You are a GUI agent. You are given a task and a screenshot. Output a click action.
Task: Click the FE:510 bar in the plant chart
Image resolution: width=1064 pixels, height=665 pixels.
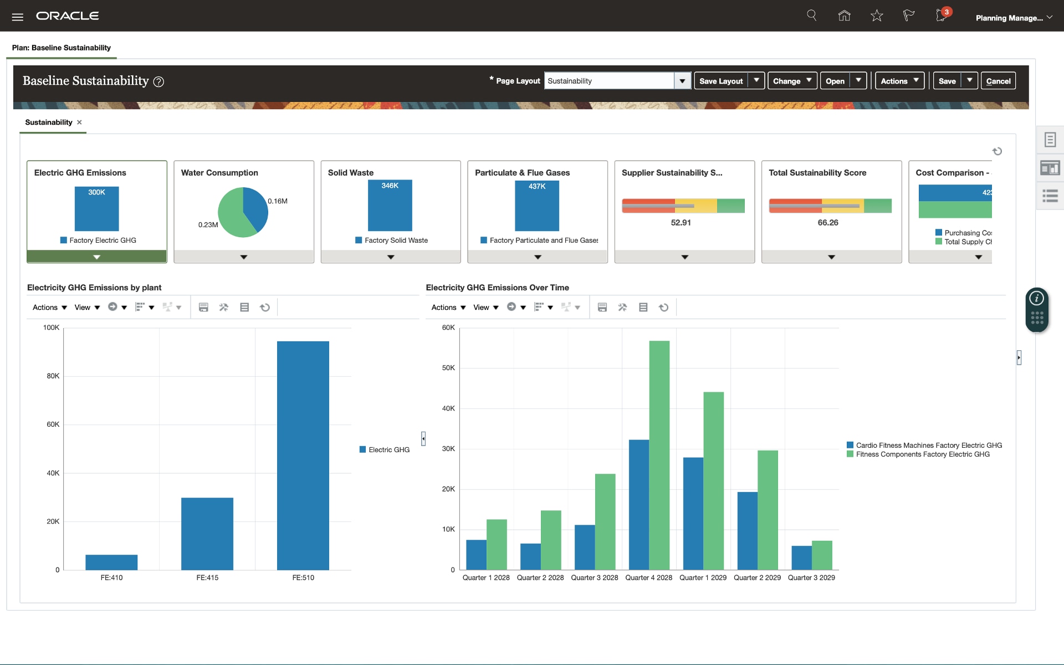pos(303,454)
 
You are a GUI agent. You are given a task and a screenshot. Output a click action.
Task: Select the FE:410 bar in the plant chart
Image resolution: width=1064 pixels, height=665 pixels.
pos(111,562)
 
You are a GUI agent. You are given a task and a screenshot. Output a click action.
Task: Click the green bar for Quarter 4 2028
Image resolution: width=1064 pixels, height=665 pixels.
pos(659,454)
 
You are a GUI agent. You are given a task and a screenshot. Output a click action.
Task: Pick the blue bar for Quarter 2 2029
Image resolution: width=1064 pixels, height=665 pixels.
pos(747,530)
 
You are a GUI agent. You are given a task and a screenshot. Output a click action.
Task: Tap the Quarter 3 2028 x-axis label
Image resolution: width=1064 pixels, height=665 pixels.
pos(594,577)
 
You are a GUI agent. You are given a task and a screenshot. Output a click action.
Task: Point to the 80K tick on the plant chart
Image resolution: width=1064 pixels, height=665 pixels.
pos(53,376)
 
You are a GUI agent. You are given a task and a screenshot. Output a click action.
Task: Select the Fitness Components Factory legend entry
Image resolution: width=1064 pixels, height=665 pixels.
pos(922,454)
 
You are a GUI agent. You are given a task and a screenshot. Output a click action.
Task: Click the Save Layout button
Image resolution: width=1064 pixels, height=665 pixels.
pos(720,81)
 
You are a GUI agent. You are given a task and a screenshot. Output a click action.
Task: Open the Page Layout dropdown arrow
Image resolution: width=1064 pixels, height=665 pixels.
pos(682,81)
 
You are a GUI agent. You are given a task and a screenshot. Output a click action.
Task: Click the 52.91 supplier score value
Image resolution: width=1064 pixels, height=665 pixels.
pos(681,223)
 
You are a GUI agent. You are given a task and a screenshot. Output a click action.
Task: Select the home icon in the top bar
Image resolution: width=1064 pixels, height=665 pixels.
pos(844,16)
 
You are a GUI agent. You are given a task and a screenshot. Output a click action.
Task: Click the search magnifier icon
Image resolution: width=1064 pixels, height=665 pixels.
pos(811,16)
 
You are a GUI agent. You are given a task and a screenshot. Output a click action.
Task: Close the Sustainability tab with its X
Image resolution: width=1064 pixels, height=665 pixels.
pos(79,122)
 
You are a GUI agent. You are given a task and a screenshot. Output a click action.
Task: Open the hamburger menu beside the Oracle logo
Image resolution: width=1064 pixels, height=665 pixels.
pos(18,17)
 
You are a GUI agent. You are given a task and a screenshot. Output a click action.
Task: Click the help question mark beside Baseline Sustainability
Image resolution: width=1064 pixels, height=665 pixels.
pos(158,82)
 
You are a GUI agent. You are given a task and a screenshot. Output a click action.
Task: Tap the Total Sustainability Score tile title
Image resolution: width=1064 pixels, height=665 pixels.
pos(817,173)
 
